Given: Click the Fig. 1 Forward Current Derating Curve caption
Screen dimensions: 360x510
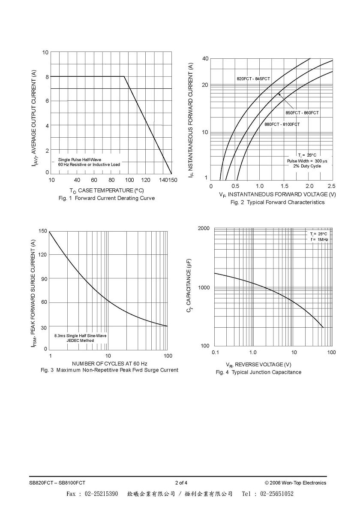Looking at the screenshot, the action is tap(107, 198).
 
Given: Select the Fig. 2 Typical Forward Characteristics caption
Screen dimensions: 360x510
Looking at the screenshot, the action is tap(277, 202).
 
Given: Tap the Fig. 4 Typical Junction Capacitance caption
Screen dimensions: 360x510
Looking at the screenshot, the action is tap(258, 372).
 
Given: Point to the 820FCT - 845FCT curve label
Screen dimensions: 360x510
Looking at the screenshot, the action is tap(253, 79).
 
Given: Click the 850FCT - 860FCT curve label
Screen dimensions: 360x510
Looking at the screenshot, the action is tap(302, 113).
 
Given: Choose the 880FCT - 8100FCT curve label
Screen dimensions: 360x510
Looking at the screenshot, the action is tap(282, 124).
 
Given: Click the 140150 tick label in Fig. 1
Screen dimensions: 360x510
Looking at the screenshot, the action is tap(168, 180).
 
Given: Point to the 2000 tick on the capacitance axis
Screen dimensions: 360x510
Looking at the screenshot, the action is tap(204, 228).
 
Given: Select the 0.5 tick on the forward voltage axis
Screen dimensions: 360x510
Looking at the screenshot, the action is tap(235, 186).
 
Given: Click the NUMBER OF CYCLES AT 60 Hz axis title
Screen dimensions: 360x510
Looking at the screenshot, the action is tap(109, 363).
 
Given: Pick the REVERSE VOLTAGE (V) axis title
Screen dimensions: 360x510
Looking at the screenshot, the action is tap(258, 365).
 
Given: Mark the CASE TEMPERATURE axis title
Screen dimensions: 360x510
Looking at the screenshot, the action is tap(107, 190).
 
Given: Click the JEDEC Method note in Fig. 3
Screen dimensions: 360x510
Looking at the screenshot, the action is tap(80, 341).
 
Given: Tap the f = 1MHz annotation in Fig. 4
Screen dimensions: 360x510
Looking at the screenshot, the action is tap(319, 239).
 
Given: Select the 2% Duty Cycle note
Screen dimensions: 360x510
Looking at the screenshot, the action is tap(307, 166).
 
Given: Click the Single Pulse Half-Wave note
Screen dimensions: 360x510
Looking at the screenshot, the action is tap(80, 160).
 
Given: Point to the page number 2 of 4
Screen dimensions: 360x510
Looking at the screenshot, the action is tap(181, 483).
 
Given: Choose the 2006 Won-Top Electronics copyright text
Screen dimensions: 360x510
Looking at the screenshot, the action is tap(296, 483).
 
